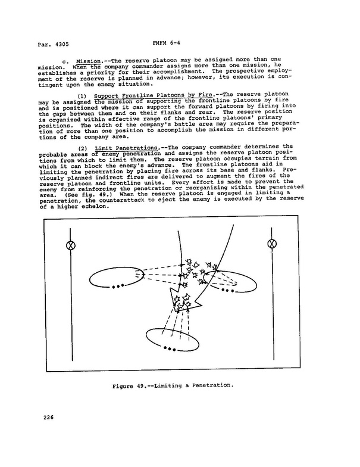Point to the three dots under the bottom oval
pyautogui.click(x=171, y=347)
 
